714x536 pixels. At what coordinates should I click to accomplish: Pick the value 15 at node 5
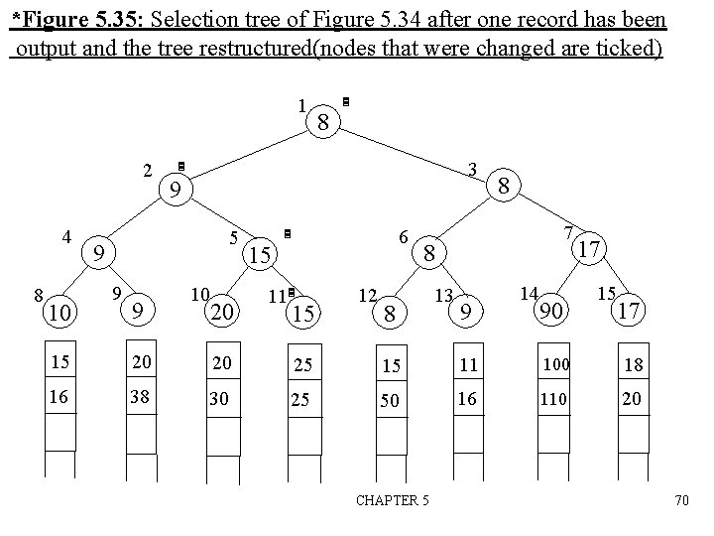tap(260, 255)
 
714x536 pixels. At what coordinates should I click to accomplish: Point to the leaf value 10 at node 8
tap(60, 313)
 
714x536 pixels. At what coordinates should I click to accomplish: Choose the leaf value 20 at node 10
tap(221, 312)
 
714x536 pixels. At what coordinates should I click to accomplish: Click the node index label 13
tap(443, 296)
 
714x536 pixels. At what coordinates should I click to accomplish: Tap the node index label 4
tap(65, 237)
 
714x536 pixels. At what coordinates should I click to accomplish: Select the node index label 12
tap(367, 296)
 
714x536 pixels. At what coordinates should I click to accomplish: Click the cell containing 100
tap(554, 365)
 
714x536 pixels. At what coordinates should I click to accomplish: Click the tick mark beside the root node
tap(345, 101)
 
